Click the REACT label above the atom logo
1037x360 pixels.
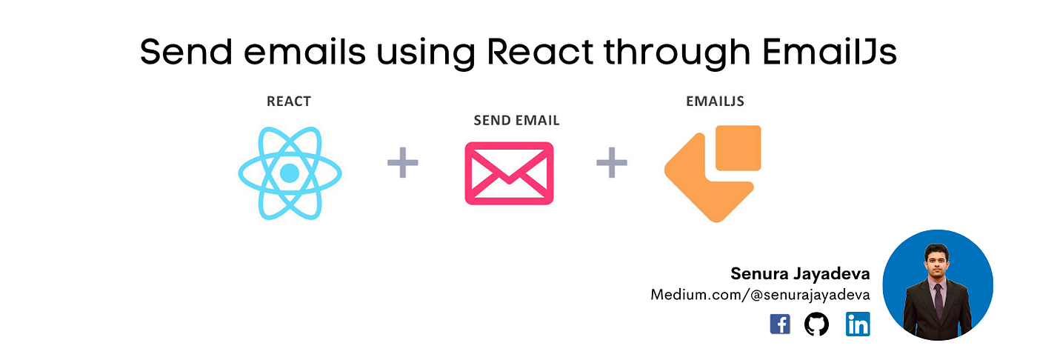[289, 101]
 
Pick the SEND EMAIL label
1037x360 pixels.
[516, 120]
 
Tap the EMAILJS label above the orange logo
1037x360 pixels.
[715, 101]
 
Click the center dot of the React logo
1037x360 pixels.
[290, 173]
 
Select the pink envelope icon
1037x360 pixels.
[509, 173]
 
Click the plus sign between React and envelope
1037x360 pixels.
[403, 163]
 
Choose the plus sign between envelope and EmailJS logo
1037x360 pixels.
[612, 163]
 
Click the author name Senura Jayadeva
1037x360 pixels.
[800, 273]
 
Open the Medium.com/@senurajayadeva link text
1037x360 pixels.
[760, 295]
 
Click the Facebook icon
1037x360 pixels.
[780, 324]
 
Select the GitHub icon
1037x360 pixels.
[816, 324]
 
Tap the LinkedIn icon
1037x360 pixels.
[858, 324]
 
